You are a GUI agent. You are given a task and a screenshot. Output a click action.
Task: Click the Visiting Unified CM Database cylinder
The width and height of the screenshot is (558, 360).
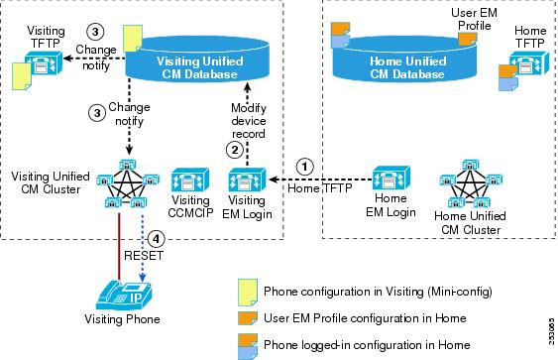(x=197, y=60)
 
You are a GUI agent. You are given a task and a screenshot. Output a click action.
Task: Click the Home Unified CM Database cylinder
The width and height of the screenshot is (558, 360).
(x=404, y=60)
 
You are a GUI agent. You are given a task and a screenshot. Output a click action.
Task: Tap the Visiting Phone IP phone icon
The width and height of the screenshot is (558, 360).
(x=124, y=296)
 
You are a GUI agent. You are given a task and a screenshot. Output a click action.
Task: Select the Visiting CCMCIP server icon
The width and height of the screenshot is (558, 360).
(x=190, y=180)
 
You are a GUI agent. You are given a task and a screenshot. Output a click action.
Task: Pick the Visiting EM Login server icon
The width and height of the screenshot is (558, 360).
(x=247, y=180)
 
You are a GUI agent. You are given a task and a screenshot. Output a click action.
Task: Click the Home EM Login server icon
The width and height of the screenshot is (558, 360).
(x=391, y=178)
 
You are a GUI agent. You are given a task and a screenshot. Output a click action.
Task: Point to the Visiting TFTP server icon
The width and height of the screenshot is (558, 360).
(x=44, y=63)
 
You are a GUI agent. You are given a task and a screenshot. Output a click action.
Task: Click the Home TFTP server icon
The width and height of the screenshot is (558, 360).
(x=529, y=63)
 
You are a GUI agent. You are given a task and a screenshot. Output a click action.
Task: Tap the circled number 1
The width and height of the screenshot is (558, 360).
(x=304, y=167)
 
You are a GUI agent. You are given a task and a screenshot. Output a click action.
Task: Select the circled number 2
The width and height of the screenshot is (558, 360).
(x=235, y=150)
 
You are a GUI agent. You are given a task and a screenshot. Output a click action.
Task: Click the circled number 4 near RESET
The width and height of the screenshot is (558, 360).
(x=156, y=239)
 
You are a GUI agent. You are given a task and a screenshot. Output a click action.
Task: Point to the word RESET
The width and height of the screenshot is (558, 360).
(x=144, y=255)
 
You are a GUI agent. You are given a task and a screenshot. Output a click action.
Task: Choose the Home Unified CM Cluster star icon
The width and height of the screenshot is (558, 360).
(x=471, y=183)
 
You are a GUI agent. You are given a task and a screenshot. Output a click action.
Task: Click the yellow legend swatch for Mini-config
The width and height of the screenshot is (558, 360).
(x=248, y=293)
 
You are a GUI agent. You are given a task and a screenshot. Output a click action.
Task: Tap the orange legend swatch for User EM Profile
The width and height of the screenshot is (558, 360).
(x=248, y=318)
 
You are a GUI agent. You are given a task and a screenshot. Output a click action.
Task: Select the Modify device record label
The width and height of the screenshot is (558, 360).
(x=249, y=121)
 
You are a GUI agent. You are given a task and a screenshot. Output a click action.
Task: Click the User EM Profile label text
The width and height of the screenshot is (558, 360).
(x=474, y=19)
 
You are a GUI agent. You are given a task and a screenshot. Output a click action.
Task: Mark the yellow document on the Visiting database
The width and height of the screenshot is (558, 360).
(x=133, y=38)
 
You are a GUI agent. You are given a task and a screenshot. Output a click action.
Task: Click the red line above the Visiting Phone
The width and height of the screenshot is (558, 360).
(x=119, y=246)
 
